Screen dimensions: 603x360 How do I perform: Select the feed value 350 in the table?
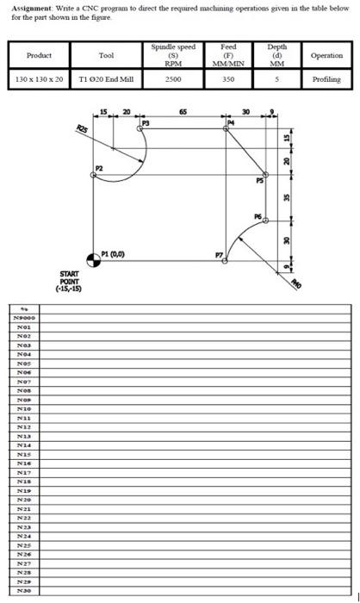[x=228, y=79]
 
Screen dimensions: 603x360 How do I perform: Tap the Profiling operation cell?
[x=325, y=79]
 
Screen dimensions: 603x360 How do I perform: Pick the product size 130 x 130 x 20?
[x=40, y=79]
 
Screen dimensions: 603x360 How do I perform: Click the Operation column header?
[x=325, y=55]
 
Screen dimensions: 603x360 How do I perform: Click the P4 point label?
[x=229, y=124]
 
